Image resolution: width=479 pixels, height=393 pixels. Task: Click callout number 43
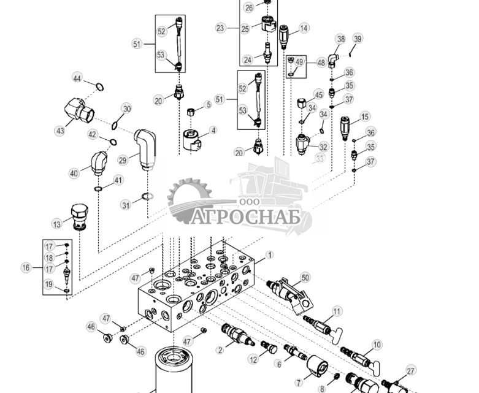tap(60, 131)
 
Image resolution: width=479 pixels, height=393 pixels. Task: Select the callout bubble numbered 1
tap(269, 254)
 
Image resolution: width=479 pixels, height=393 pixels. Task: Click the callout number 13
tap(57, 223)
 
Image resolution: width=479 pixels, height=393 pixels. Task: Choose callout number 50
tap(305, 278)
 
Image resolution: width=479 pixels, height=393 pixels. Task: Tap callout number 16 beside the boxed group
tap(26, 267)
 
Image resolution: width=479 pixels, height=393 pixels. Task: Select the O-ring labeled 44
tap(98, 86)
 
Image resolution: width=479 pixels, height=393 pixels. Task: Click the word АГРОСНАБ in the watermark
tap(245, 217)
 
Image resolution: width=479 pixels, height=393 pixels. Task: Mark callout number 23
tap(221, 28)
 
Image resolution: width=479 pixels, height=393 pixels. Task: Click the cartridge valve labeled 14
tap(284, 36)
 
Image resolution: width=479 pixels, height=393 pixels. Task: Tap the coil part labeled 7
tap(318, 366)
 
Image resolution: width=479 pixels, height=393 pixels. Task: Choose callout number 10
tap(377, 345)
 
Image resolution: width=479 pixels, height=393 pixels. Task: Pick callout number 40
tap(74, 174)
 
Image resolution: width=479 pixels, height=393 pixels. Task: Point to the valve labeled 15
tap(345, 126)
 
